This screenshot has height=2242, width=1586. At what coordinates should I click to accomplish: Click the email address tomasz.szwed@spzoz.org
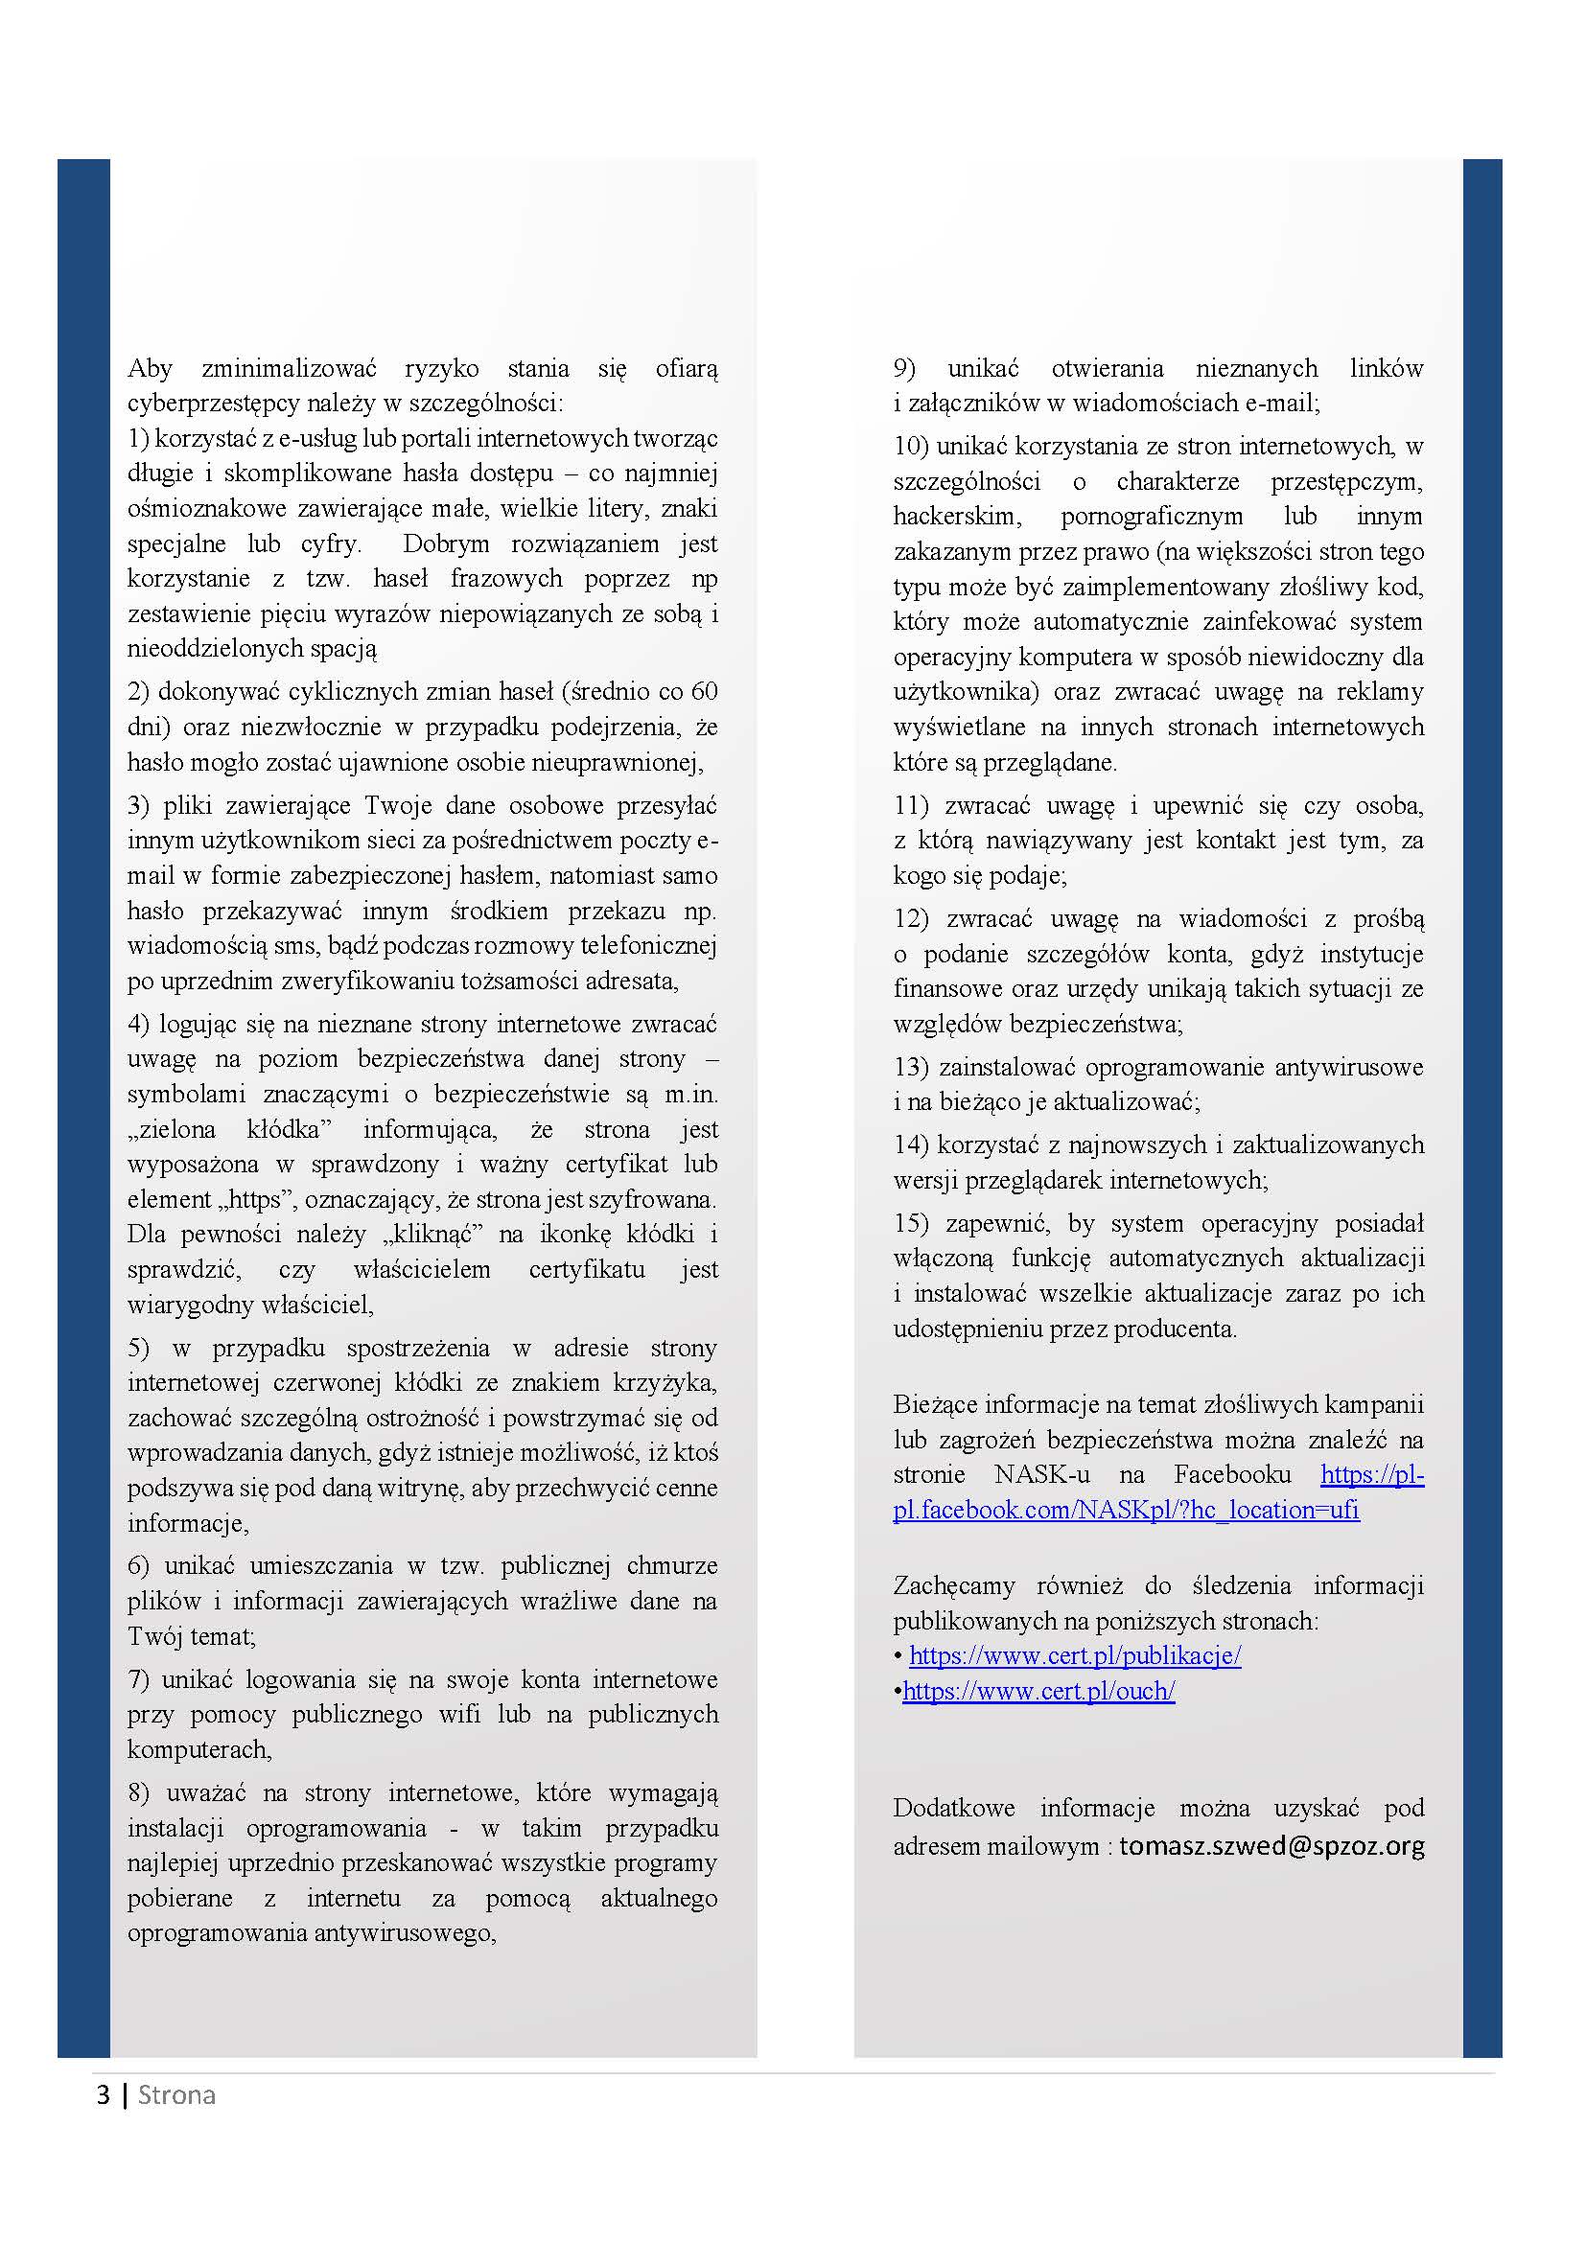point(1271,1845)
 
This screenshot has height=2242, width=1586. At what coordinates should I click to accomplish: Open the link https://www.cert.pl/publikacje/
point(1074,1655)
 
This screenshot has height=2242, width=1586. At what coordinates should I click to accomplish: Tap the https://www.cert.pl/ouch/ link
point(1038,1690)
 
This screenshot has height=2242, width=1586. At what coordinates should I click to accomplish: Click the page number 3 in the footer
point(103,2094)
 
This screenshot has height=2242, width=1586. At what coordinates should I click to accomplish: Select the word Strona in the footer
point(176,2094)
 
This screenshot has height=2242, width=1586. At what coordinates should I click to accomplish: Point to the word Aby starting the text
point(150,368)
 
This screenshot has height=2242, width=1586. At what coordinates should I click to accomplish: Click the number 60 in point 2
point(703,691)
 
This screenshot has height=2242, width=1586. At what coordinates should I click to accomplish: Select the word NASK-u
point(1042,1474)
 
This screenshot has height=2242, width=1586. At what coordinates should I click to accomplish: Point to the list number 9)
point(903,368)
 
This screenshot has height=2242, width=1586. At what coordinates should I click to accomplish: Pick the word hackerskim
point(956,517)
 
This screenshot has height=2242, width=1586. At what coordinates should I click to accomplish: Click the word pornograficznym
point(1152,517)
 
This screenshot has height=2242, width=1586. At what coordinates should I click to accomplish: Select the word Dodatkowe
point(953,1809)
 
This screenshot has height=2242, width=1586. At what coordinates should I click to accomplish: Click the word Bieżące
point(935,1404)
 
